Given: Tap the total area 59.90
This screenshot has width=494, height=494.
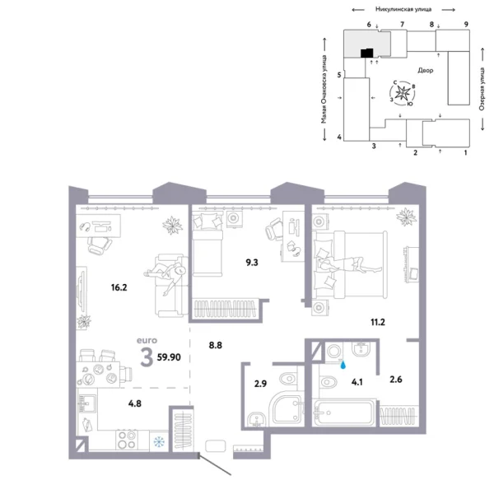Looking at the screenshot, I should click(x=174, y=358).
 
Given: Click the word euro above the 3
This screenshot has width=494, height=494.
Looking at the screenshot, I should click(x=148, y=338).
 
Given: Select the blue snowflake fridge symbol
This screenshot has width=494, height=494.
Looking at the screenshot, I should click(x=158, y=441).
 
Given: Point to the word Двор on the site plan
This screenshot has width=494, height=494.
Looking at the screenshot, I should click(x=425, y=71).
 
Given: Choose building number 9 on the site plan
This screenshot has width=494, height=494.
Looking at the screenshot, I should click(x=466, y=26).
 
